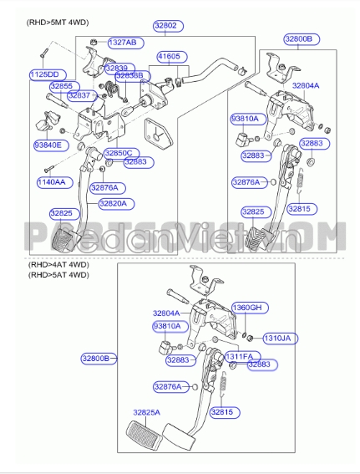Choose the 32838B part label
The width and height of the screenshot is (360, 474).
click(129, 76)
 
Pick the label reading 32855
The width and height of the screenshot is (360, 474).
click(61, 85)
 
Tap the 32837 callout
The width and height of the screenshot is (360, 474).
click(79, 95)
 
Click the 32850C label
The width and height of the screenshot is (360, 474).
click(118, 153)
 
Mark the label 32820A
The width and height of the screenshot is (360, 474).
click(113, 202)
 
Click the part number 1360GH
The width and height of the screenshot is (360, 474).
click(246, 308)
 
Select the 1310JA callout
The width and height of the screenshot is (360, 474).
click(277, 339)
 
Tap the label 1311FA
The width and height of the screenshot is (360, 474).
click(238, 357)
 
